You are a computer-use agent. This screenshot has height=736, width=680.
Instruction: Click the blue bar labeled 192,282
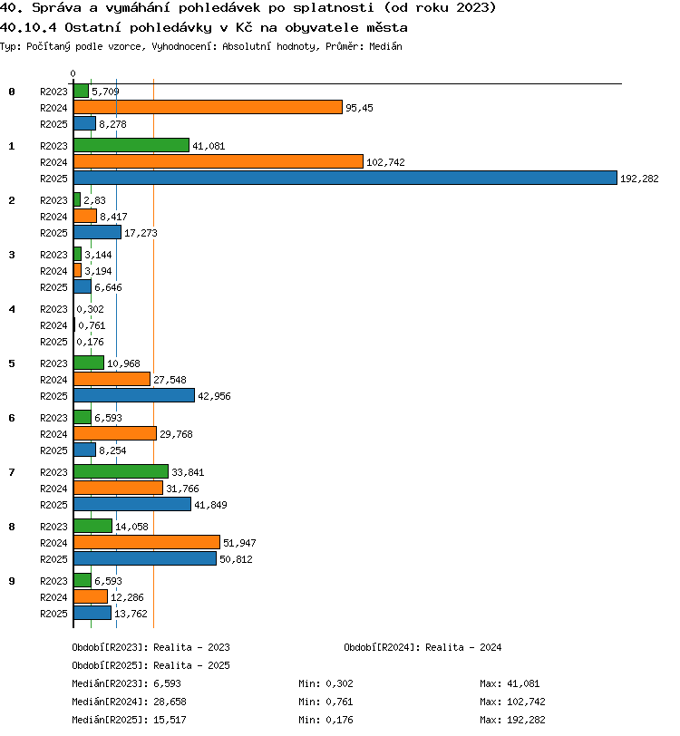click(x=345, y=178)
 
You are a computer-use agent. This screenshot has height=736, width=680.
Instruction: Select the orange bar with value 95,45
click(x=208, y=107)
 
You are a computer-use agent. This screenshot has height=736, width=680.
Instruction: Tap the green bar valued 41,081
click(x=131, y=145)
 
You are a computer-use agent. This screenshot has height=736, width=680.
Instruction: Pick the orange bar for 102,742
click(x=219, y=161)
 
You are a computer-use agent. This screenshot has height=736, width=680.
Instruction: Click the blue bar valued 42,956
click(x=134, y=395)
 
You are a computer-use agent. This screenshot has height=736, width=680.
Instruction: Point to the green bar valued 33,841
click(x=121, y=471)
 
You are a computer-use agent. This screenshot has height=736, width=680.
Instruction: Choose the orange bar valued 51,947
click(x=147, y=542)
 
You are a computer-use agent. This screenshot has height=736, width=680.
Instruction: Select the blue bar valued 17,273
click(x=97, y=232)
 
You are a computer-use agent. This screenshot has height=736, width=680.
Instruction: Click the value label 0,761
click(x=92, y=325)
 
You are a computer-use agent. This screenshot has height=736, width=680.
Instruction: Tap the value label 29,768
click(x=176, y=435)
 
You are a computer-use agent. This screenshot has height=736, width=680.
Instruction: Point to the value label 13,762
click(x=131, y=614)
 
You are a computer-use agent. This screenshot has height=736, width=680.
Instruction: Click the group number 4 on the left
click(x=12, y=309)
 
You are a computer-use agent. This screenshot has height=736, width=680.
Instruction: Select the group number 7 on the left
click(x=12, y=472)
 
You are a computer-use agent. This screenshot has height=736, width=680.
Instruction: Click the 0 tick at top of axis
click(x=73, y=73)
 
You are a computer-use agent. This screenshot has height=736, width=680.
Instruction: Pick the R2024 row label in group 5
click(x=53, y=380)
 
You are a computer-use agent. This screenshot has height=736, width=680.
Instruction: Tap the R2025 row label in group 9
click(x=53, y=614)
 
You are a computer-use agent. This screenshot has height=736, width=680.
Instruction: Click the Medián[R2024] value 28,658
click(x=170, y=702)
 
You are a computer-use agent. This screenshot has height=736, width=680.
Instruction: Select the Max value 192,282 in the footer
click(x=526, y=720)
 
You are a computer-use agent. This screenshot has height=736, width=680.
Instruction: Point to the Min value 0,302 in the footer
click(x=339, y=683)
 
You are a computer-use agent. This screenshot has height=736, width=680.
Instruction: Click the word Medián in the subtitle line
click(x=385, y=46)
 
